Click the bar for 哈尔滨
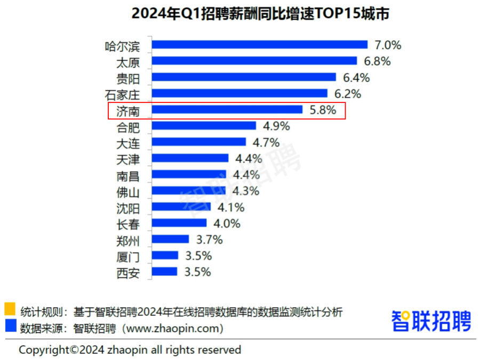pyautogui.click(x=260, y=45)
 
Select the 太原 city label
pyautogui.click(x=127, y=61)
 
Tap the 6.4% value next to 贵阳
pyautogui.click(x=355, y=77)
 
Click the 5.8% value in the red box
pyautogui.click(x=323, y=110)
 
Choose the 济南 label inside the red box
pyautogui.click(x=127, y=110)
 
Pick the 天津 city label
pyautogui.click(x=127, y=159)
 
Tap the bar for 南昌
pyautogui.click(x=189, y=175)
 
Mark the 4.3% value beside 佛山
pyautogui.click(x=245, y=191)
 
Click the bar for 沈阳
pyautogui.click(x=181, y=207)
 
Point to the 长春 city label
pyautogui.click(x=127, y=223)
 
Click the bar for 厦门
pyautogui.click(x=165, y=256)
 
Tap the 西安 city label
pyautogui.click(x=127, y=273)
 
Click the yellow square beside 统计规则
pyautogui.click(x=10, y=309)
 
